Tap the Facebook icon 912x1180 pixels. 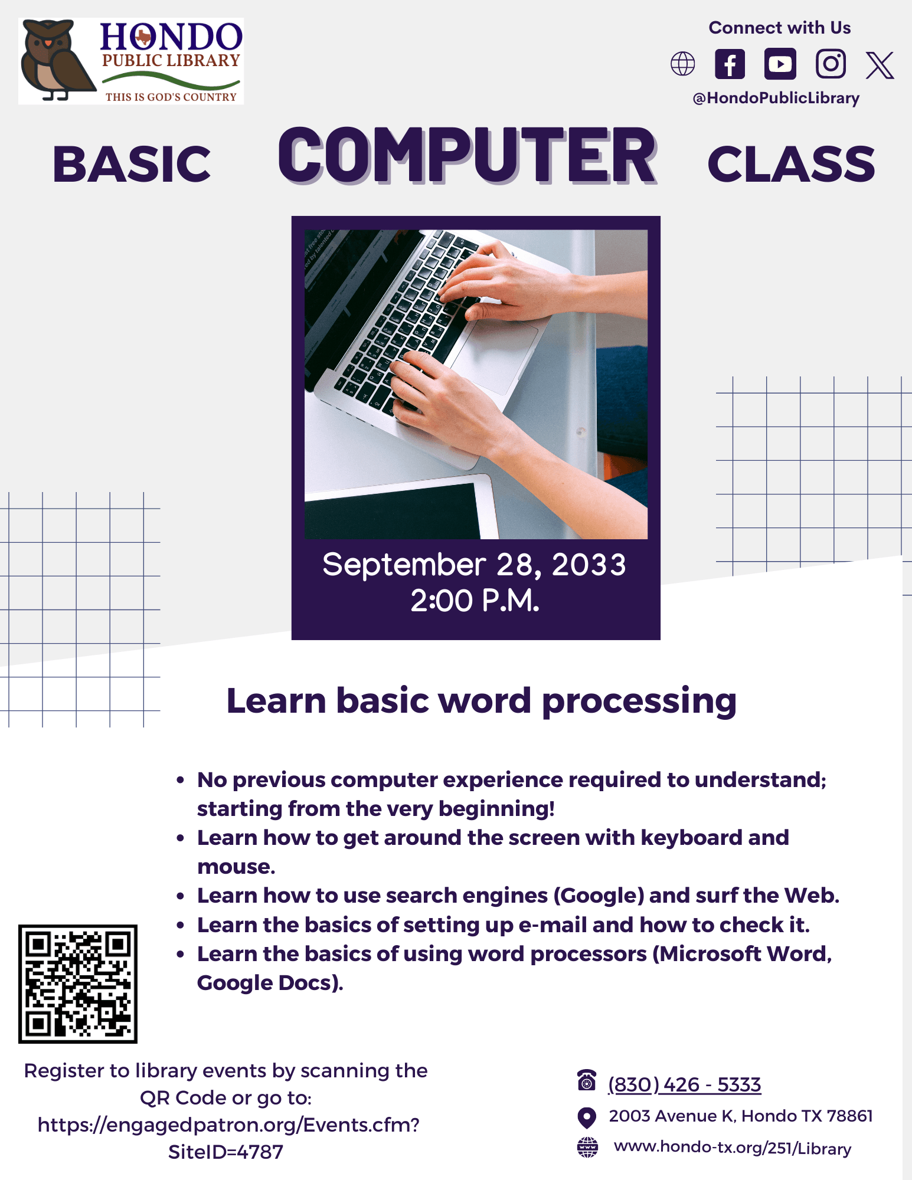pyautogui.click(x=730, y=64)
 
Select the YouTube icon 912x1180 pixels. pyautogui.click(x=780, y=64)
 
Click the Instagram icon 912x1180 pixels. pyautogui.click(x=831, y=64)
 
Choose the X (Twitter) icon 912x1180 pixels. pyautogui.click(x=880, y=64)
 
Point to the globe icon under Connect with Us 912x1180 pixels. pyautogui.click(x=683, y=64)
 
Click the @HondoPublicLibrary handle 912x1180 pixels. pyautogui.click(x=776, y=98)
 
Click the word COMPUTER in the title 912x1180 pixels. pyautogui.click(x=466, y=156)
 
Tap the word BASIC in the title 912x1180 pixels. pyautogui.click(x=132, y=164)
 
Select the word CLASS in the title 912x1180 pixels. pyautogui.click(x=791, y=164)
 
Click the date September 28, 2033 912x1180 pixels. pyautogui.click(x=474, y=565)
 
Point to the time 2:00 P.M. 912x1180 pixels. pyautogui.click(x=475, y=601)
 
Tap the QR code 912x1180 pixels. pyautogui.click(x=78, y=984)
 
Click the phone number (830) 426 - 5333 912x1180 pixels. pyautogui.click(x=684, y=1084)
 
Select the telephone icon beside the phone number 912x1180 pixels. pyautogui.click(x=586, y=1080)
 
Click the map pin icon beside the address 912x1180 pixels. pyautogui.click(x=586, y=1117)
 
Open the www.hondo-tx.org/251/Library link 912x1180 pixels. pyautogui.click(x=732, y=1148)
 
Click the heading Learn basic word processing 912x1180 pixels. pyautogui.click(x=481, y=700)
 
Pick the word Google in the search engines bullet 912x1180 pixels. pyautogui.click(x=598, y=896)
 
